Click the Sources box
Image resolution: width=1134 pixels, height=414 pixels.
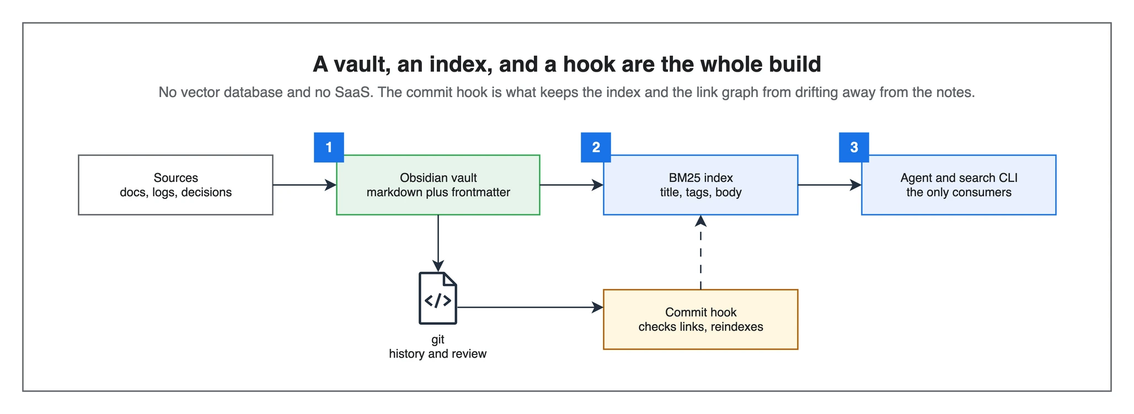[175, 185]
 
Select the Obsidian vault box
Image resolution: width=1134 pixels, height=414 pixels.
[438, 185]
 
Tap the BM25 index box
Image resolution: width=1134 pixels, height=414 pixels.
[700, 185]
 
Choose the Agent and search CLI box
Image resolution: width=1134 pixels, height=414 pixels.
[959, 185]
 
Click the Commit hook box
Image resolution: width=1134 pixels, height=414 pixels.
[700, 319]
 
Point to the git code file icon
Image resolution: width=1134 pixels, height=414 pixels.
[438, 298]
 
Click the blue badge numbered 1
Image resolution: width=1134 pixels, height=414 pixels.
[329, 147]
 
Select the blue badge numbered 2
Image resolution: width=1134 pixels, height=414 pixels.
[596, 147]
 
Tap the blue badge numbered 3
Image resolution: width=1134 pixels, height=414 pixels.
[854, 147]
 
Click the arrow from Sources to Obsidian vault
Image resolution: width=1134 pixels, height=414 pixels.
[304, 185]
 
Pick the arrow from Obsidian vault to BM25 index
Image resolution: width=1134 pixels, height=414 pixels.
[571, 185]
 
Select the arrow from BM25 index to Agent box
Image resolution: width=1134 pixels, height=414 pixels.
[830, 185]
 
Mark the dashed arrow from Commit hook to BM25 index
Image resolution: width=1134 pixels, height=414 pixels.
[700, 252]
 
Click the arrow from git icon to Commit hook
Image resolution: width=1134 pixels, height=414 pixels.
[530, 307]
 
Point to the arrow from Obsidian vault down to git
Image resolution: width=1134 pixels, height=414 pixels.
[438, 243]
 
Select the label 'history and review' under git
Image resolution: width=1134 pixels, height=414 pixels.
[438, 354]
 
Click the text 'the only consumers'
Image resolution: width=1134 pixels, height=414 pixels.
[959, 192]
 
